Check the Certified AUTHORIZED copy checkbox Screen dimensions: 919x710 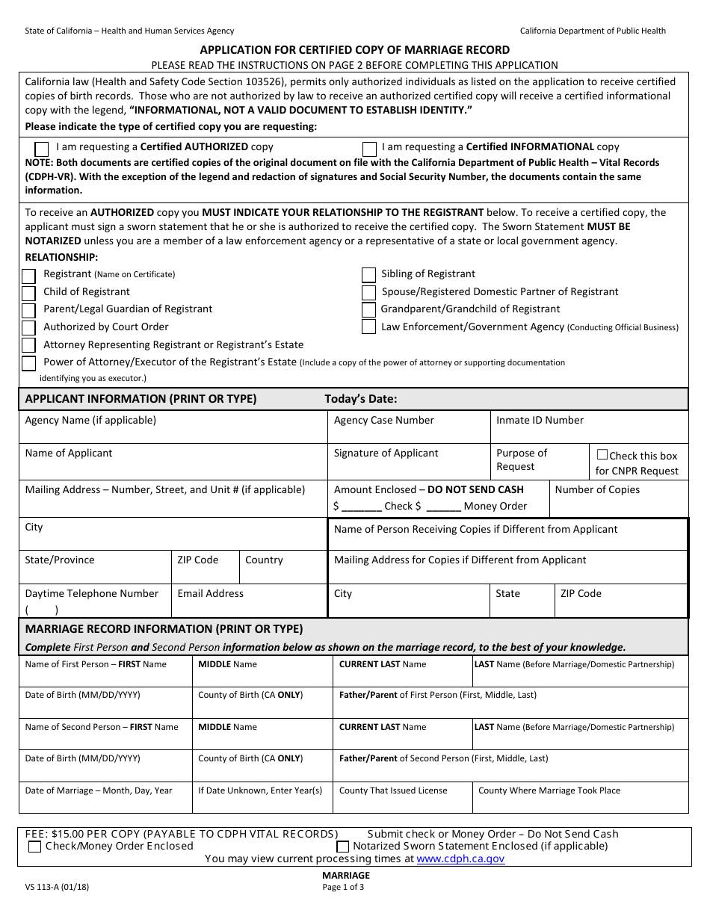click(x=43, y=149)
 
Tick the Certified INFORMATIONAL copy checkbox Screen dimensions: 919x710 click(x=369, y=149)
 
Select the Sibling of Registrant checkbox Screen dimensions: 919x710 click(x=368, y=275)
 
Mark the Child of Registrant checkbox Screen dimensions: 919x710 click(x=28, y=293)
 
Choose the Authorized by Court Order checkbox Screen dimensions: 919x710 click(x=28, y=328)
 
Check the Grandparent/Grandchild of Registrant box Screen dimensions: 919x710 click(x=368, y=309)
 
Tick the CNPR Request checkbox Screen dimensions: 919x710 click(x=602, y=454)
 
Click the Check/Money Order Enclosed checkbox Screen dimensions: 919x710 click(x=34, y=847)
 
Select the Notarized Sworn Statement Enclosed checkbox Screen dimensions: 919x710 click(x=342, y=847)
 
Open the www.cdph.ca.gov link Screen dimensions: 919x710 click(x=460, y=859)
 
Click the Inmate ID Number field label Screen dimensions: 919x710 click(x=540, y=421)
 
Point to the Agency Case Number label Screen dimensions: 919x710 click(x=383, y=421)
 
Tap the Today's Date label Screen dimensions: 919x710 click(x=361, y=399)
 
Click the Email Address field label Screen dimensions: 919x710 click(x=210, y=594)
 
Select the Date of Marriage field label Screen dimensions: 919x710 click(x=99, y=790)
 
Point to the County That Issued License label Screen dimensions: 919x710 click(x=393, y=790)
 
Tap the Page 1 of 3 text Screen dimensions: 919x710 click(x=344, y=888)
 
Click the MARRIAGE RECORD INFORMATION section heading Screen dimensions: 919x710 click(x=164, y=629)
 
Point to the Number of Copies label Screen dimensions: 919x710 click(x=597, y=490)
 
